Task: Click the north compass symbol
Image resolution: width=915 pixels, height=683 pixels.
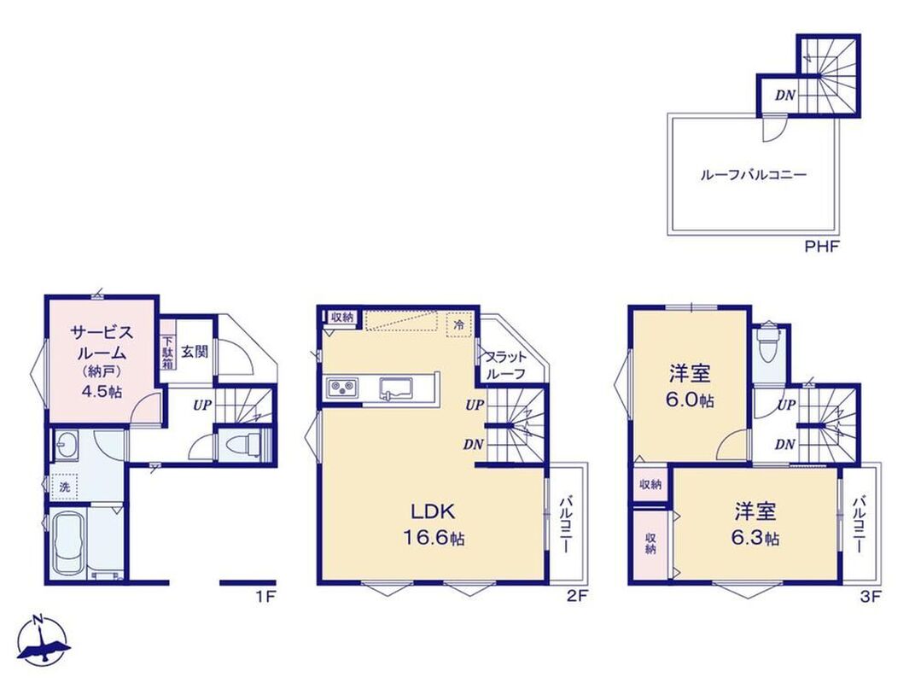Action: (x=44, y=640)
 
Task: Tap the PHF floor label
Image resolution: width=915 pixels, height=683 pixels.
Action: (x=821, y=247)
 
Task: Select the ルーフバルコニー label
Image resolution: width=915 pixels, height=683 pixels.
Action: (x=754, y=174)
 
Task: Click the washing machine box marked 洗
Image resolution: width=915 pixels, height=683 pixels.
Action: (x=65, y=487)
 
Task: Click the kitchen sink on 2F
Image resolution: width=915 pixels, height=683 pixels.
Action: (x=395, y=388)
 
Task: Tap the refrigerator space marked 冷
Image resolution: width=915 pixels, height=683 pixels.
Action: (x=459, y=324)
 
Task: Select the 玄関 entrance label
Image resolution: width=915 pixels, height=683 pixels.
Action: (x=195, y=352)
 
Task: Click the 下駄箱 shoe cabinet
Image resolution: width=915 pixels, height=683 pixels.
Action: (x=168, y=353)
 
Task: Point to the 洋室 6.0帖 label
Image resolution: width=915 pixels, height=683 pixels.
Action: (x=691, y=385)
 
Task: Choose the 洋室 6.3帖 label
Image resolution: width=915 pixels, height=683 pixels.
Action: (x=755, y=523)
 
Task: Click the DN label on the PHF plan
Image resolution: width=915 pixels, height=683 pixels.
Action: (x=785, y=95)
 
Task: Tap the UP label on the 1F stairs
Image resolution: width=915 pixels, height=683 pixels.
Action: (x=202, y=404)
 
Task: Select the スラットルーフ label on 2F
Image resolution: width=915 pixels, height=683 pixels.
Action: (x=504, y=365)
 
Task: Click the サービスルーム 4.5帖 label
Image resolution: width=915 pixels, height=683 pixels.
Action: (x=102, y=361)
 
